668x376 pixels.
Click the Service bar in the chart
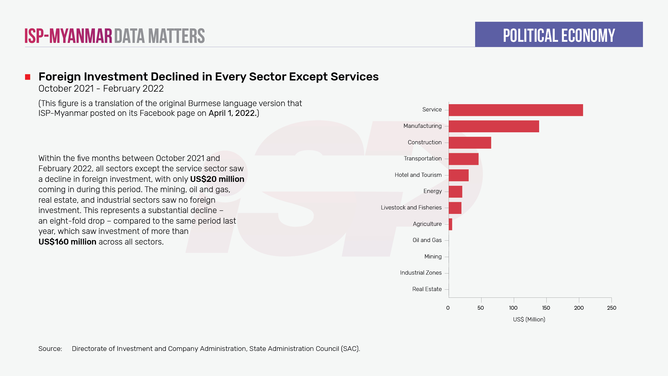click(515, 110)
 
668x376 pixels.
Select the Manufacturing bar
click(494, 126)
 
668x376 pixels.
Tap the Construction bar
click(470, 143)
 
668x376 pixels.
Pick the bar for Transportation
click(463, 159)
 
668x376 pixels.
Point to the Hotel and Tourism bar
click(458, 175)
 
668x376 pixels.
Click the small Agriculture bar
click(450, 224)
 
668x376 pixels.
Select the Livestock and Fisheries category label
click(411, 207)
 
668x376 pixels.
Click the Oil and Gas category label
click(427, 240)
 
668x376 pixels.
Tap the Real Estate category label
click(427, 289)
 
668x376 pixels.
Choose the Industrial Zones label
click(421, 273)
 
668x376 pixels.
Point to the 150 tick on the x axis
click(546, 308)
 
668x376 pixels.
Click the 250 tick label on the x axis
click(611, 308)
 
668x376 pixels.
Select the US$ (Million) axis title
click(529, 319)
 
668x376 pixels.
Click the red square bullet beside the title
click(28, 77)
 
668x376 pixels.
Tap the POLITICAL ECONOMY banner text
click(559, 35)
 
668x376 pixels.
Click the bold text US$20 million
click(217, 179)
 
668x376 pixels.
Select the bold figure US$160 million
click(67, 242)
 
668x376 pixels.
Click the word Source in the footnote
click(50, 349)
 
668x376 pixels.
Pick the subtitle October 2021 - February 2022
click(101, 89)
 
